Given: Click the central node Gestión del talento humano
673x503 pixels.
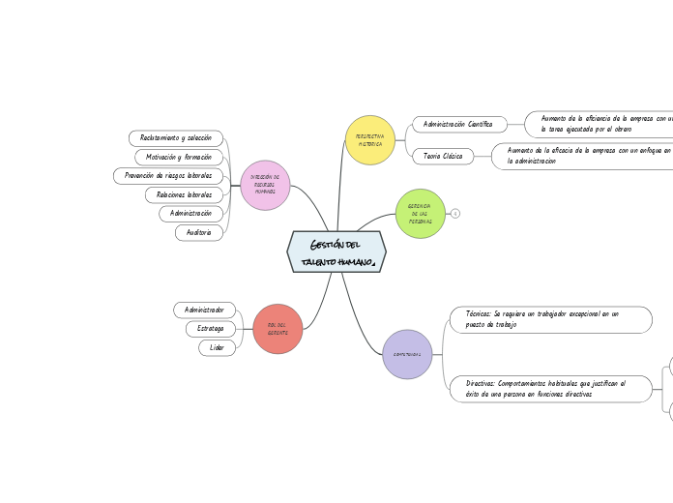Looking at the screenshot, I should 336,251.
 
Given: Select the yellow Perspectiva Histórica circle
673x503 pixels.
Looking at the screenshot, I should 370,140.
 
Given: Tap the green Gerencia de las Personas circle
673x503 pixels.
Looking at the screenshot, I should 421,214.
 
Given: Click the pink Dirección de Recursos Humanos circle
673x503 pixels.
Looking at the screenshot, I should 265,185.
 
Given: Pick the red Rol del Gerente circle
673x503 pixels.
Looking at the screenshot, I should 278,329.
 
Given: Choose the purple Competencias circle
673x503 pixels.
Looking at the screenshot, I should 407,354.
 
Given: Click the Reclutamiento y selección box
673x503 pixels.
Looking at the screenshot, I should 176,138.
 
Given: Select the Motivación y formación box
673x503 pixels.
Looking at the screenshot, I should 179,157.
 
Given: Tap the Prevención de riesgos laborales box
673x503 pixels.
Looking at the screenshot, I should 168,176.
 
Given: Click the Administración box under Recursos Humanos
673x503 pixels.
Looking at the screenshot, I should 190,213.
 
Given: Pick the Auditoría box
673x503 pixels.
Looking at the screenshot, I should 198,232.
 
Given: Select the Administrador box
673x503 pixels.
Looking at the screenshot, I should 204,310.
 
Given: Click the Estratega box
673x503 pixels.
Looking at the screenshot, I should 210,329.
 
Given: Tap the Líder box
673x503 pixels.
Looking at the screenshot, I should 217,347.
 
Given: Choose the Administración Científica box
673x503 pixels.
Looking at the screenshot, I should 459,124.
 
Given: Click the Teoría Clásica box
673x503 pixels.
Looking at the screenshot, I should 443,156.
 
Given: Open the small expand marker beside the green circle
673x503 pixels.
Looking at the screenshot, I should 455,214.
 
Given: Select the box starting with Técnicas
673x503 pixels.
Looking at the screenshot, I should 550,319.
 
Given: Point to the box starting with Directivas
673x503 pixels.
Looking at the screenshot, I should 550,389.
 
